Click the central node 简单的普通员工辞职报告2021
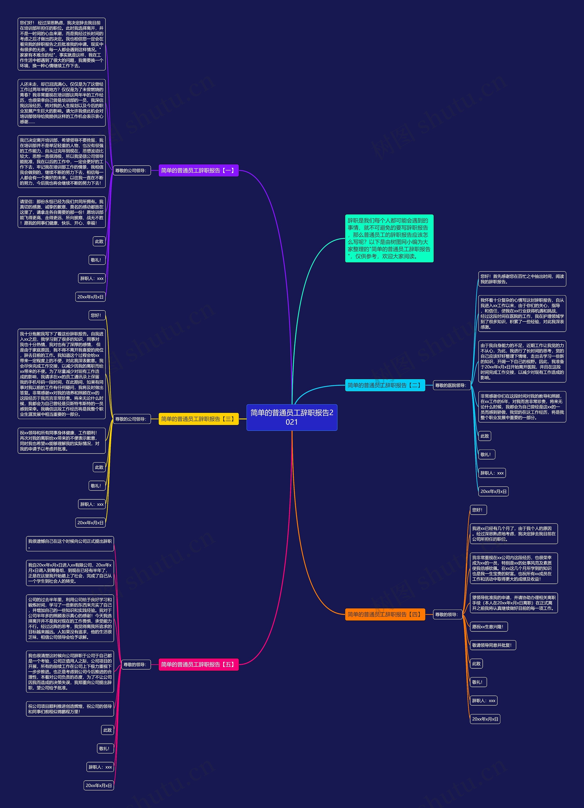[x=292, y=417]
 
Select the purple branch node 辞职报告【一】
[x=198, y=170]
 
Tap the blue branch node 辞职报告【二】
[x=385, y=385]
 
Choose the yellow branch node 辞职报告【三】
[x=198, y=419]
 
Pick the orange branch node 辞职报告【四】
[x=385, y=614]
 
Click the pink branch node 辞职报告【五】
[x=198, y=665]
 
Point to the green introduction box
[x=389, y=238]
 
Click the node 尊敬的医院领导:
[x=451, y=385]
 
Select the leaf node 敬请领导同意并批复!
[x=493, y=645]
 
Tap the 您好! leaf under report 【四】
[x=478, y=510]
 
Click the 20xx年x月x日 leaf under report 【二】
[x=493, y=492]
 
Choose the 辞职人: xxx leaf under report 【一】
[x=92, y=279]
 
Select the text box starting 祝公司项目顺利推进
[x=70, y=709]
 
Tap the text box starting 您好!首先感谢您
[x=522, y=279]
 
